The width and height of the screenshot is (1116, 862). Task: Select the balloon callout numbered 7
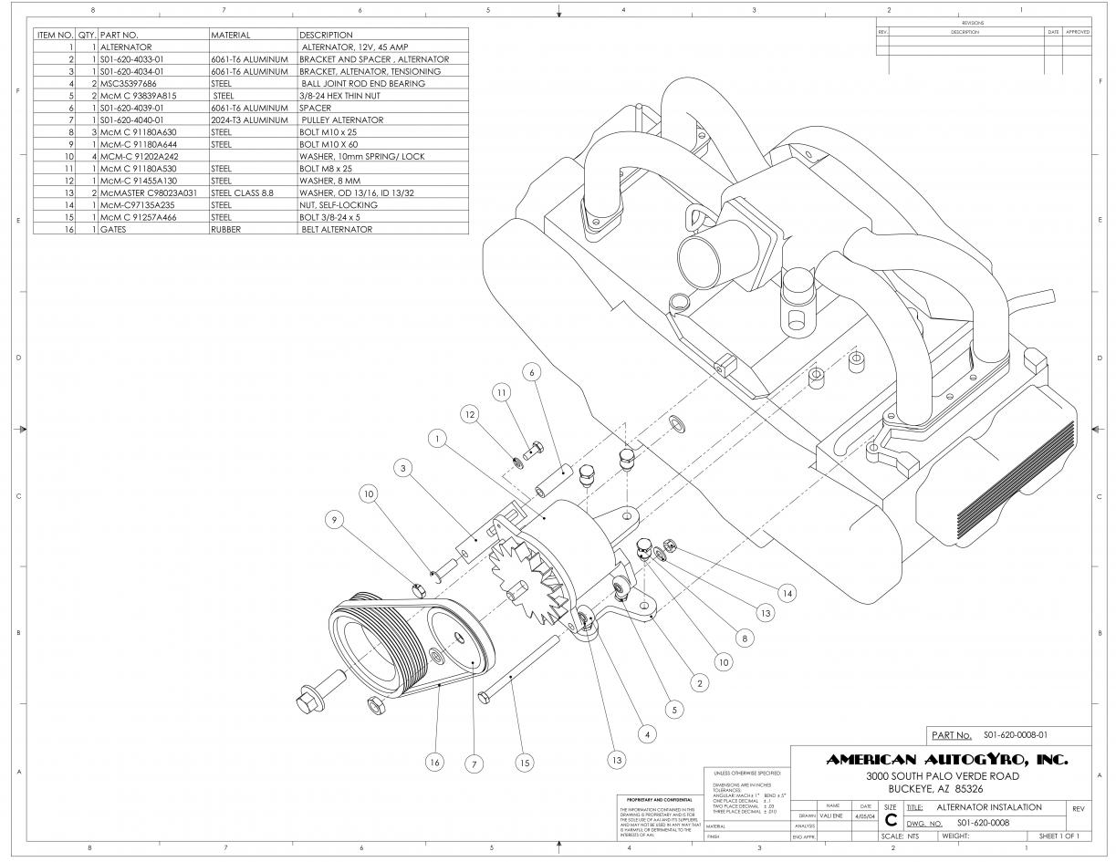[474, 764]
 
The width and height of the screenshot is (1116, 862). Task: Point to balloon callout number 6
[534, 373]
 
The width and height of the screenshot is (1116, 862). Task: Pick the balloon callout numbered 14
[787, 592]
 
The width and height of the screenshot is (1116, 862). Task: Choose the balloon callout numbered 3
[402, 468]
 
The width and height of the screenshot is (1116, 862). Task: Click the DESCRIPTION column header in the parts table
[326, 35]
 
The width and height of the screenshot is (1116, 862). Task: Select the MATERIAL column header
[230, 35]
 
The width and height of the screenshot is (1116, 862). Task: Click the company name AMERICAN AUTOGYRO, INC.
[946, 760]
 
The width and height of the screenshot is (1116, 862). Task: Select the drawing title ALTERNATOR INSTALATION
[989, 807]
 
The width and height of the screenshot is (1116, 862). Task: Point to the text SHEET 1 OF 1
[1059, 836]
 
